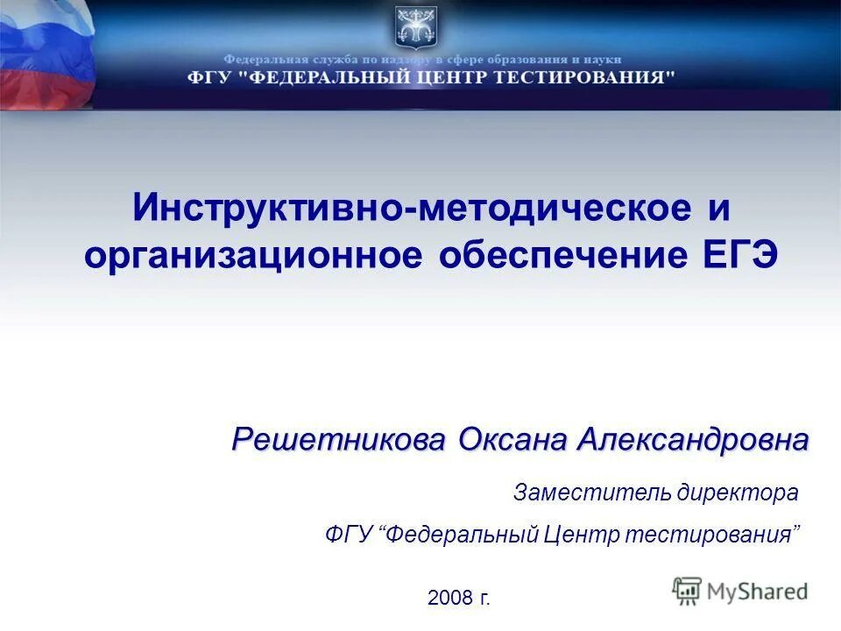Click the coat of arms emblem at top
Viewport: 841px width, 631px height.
(414, 25)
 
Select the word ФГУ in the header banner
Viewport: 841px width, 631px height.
(208, 77)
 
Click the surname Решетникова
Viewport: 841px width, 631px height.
(341, 439)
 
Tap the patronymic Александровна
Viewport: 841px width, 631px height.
(693, 439)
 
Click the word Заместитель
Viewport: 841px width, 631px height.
(591, 493)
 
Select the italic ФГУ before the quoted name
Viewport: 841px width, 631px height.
(348, 534)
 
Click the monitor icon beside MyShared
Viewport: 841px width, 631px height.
(688, 591)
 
